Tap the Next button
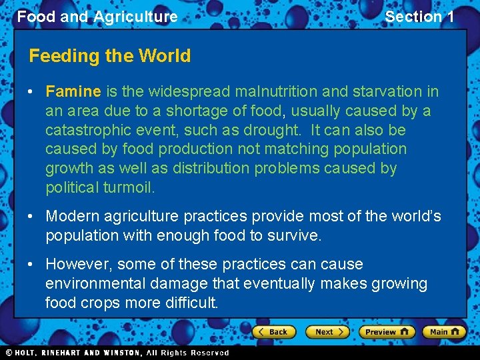(x=327, y=331)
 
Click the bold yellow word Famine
(x=73, y=91)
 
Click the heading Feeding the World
(x=110, y=56)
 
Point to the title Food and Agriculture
(x=97, y=17)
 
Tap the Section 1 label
(x=419, y=17)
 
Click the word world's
(x=411, y=217)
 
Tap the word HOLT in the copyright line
(x=31, y=353)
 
